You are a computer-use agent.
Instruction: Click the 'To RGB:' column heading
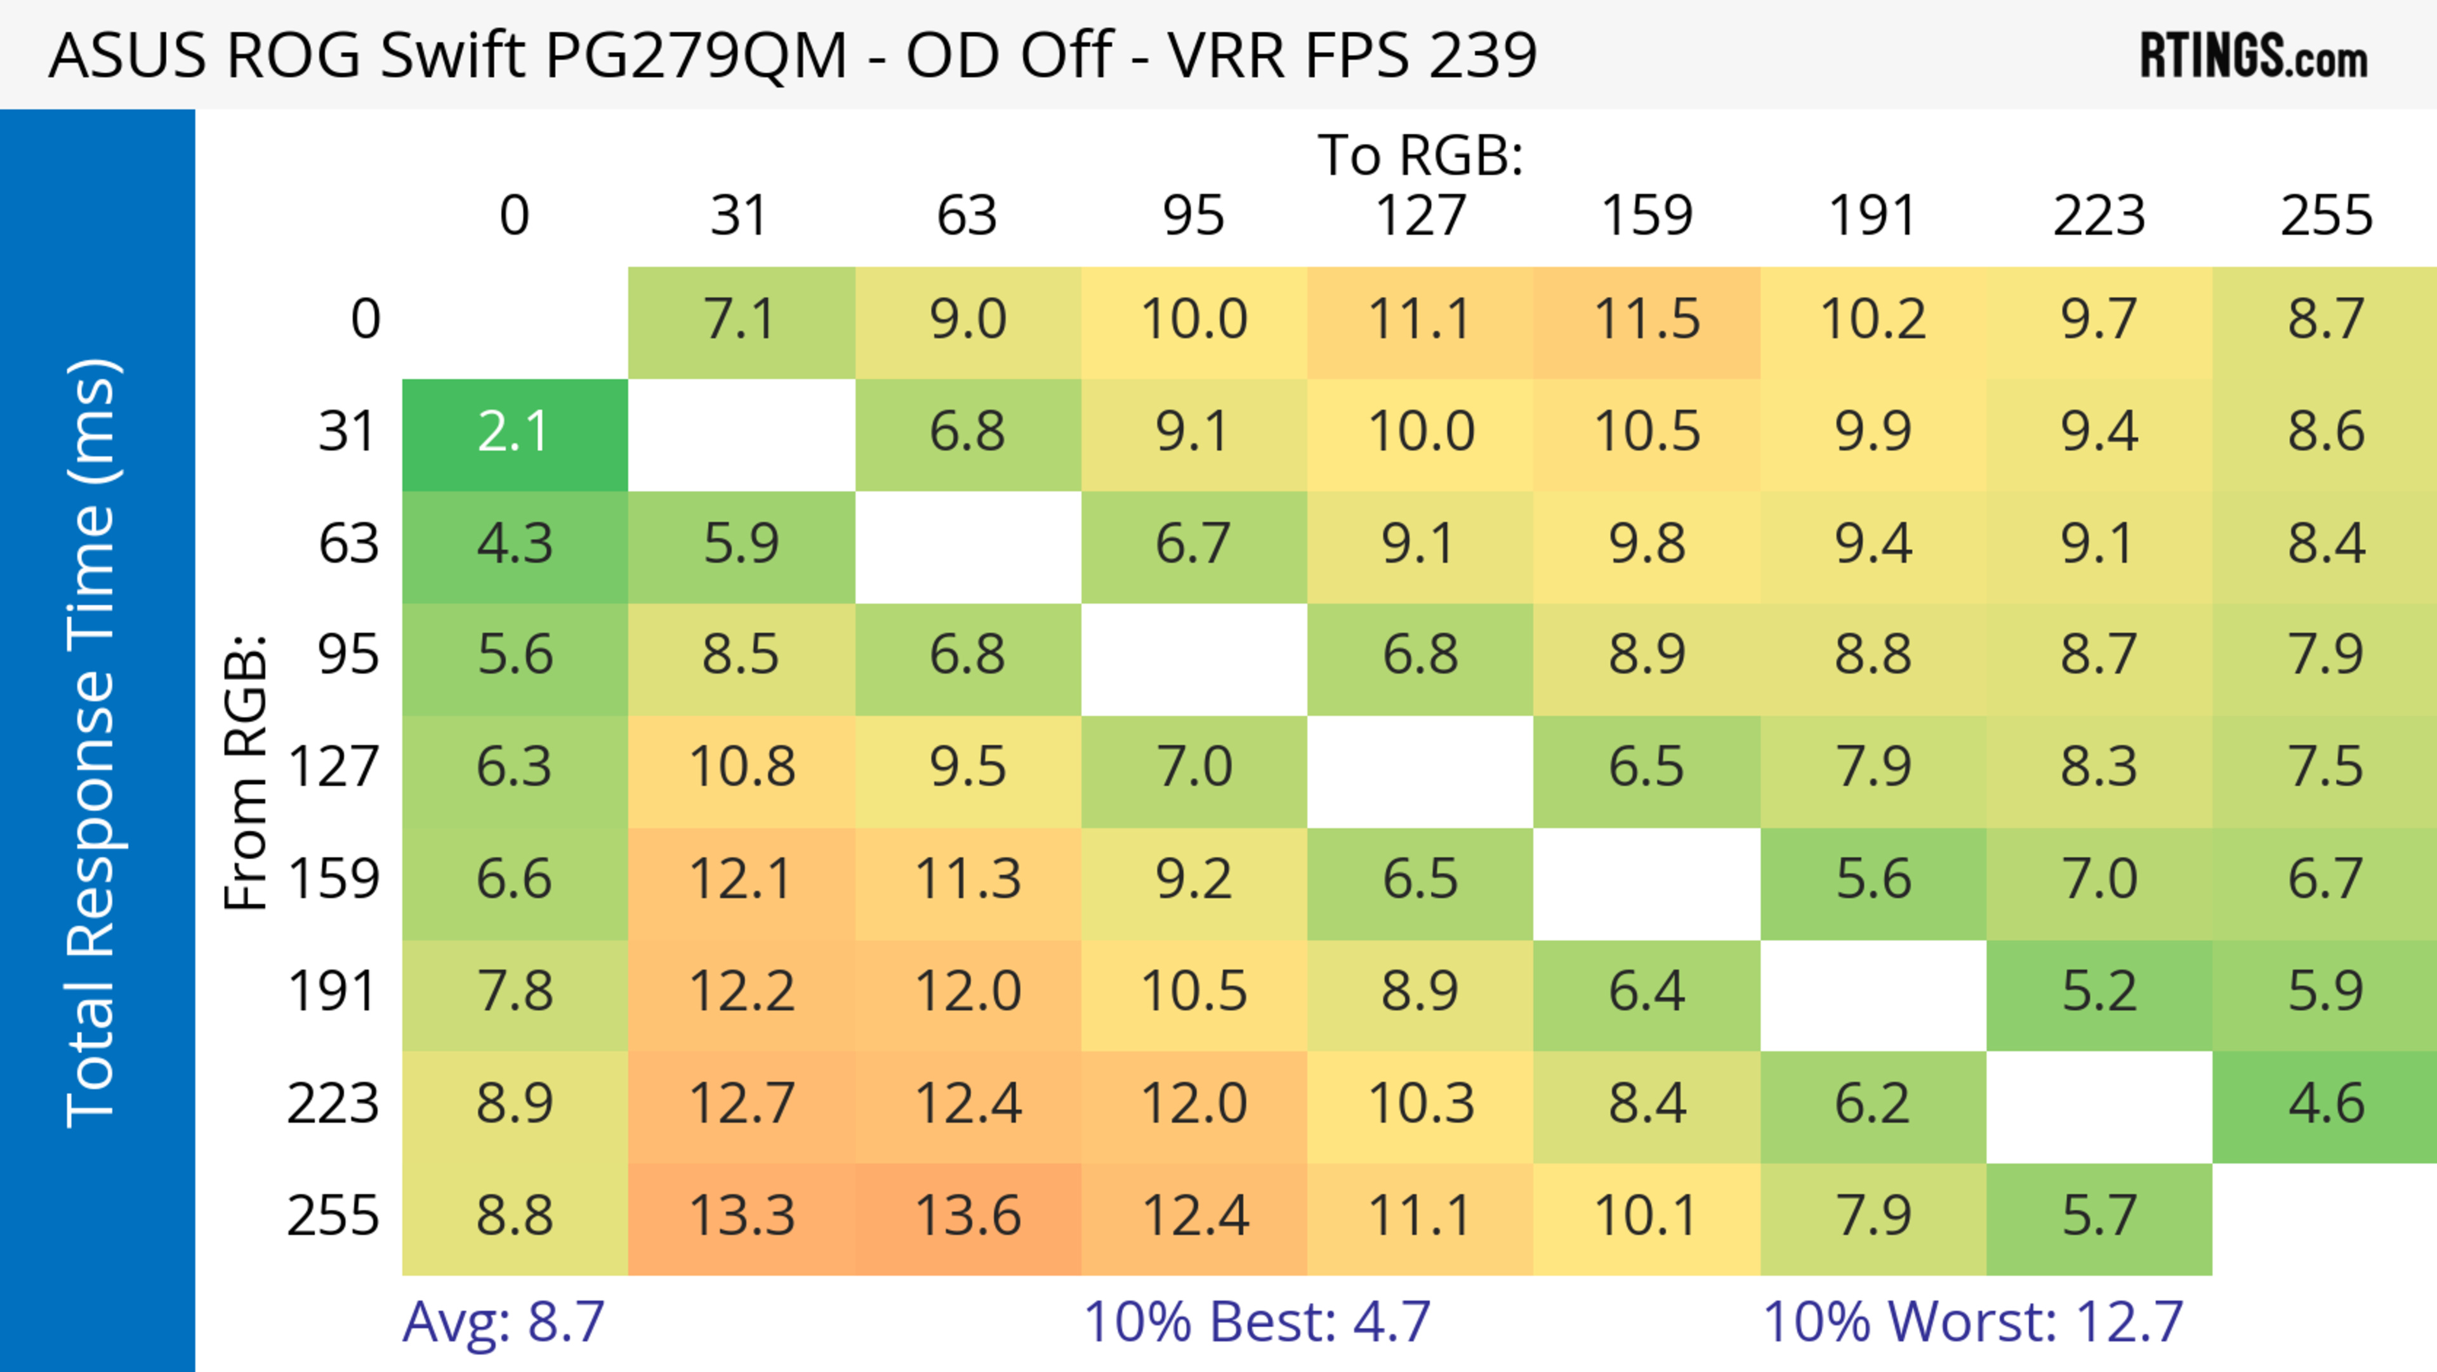pos(1420,155)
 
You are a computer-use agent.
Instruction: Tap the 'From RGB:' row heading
pos(246,772)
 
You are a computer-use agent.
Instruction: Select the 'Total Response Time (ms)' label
pos(93,743)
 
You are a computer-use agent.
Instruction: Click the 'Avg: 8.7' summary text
pos(503,1322)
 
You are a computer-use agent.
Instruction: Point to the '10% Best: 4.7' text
pos(1257,1322)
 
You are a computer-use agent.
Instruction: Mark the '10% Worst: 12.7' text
pos(1972,1322)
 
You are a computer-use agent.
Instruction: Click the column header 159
pos(1646,216)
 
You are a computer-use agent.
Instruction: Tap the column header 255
pos(2325,216)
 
